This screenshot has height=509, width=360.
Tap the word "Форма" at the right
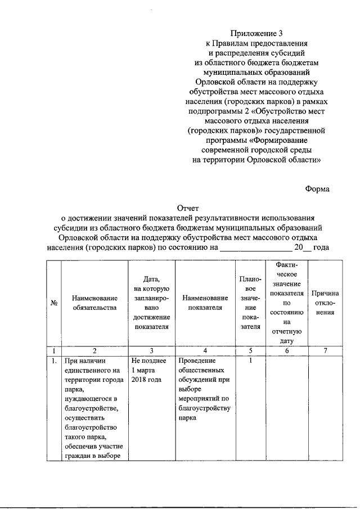click(317, 189)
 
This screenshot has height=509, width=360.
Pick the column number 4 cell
click(205, 350)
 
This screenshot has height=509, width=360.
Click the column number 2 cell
click(94, 350)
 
